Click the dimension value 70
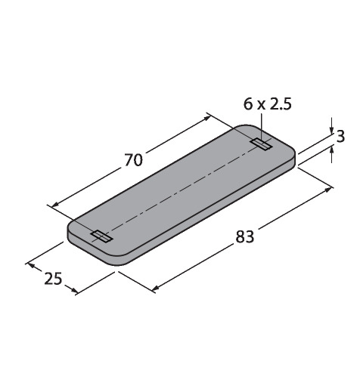click(x=134, y=160)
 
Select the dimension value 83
click(x=245, y=237)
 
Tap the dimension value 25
click(x=53, y=279)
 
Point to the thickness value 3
click(x=340, y=137)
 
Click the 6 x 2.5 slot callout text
click(x=268, y=104)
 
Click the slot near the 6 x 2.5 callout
click(x=262, y=144)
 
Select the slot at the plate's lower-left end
click(x=102, y=236)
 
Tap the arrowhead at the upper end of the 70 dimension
click(x=207, y=118)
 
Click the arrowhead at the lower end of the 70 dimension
click(x=55, y=205)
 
